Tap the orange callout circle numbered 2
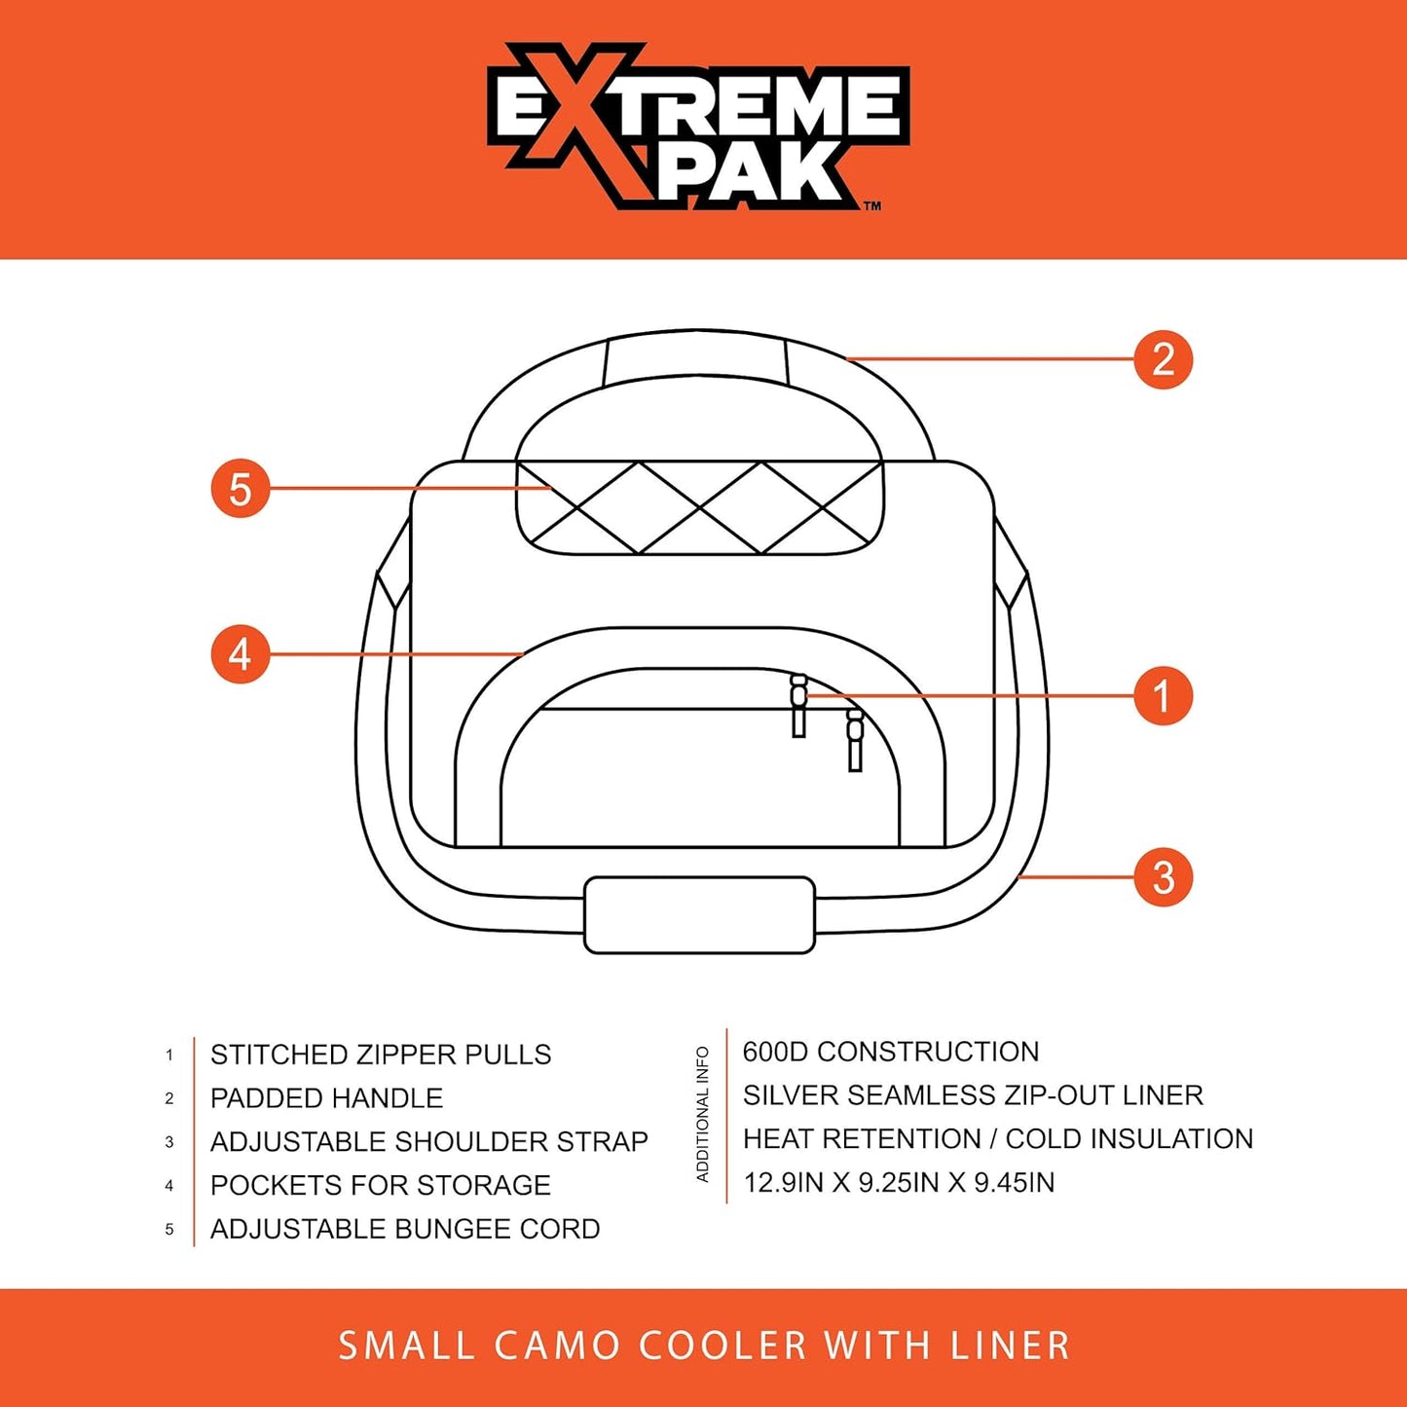[1163, 359]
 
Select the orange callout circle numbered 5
[241, 489]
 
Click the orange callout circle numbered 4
[241, 654]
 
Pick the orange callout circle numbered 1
[1163, 696]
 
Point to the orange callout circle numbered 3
[1163, 877]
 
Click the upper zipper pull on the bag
[798, 705]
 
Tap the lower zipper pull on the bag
[855, 739]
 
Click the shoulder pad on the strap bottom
[699, 914]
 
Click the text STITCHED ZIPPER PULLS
[381, 1055]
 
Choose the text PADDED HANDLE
[326, 1098]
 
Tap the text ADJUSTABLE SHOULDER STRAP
[428, 1141]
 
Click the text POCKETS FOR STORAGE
[380, 1185]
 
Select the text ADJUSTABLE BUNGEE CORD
[405, 1229]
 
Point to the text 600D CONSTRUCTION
[890, 1052]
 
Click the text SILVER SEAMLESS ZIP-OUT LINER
[973, 1095]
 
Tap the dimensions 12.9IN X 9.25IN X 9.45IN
[898, 1182]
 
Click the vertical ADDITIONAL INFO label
[702, 1115]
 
